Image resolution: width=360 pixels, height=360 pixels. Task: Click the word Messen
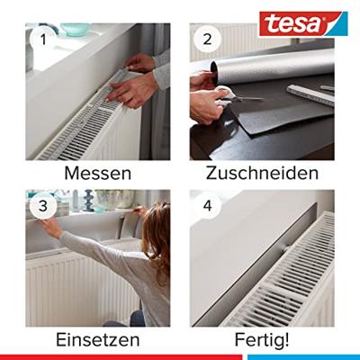[x=97, y=173]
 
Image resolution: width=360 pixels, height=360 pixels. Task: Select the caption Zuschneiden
[x=262, y=173]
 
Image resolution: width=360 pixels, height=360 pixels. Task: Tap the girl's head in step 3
[x=156, y=229]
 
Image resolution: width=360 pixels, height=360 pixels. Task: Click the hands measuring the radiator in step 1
[x=135, y=81]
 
